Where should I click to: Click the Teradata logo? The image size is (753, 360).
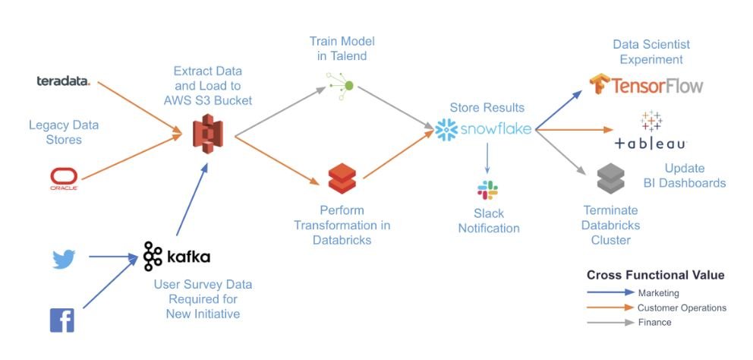coord(63,81)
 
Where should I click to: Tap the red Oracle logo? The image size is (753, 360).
coord(65,179)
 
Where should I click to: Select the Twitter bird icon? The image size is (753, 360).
coord(64,260)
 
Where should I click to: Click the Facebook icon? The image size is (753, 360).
coord(61,321)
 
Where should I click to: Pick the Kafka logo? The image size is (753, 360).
coord(177,256)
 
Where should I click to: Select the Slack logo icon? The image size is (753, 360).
coord(487,191)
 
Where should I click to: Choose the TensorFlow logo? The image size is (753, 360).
coord(646,84)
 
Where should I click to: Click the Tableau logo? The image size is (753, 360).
coord(651,131)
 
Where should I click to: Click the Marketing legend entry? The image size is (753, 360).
coord(657,292)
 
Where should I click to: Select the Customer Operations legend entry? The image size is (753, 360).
coord(681,308)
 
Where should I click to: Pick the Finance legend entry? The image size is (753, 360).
coord(654,322)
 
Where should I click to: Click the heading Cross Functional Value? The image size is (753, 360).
coord(655,275)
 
